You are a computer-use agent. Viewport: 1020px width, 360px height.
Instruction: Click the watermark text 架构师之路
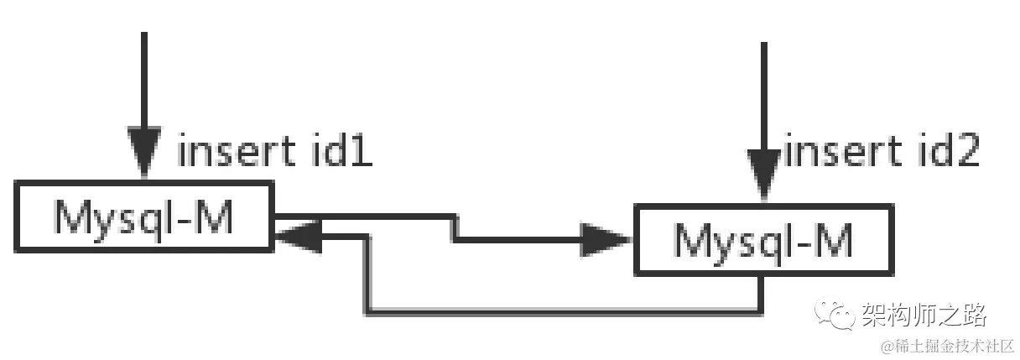coord(924,316)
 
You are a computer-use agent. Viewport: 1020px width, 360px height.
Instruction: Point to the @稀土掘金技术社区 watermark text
coord(947,345)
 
